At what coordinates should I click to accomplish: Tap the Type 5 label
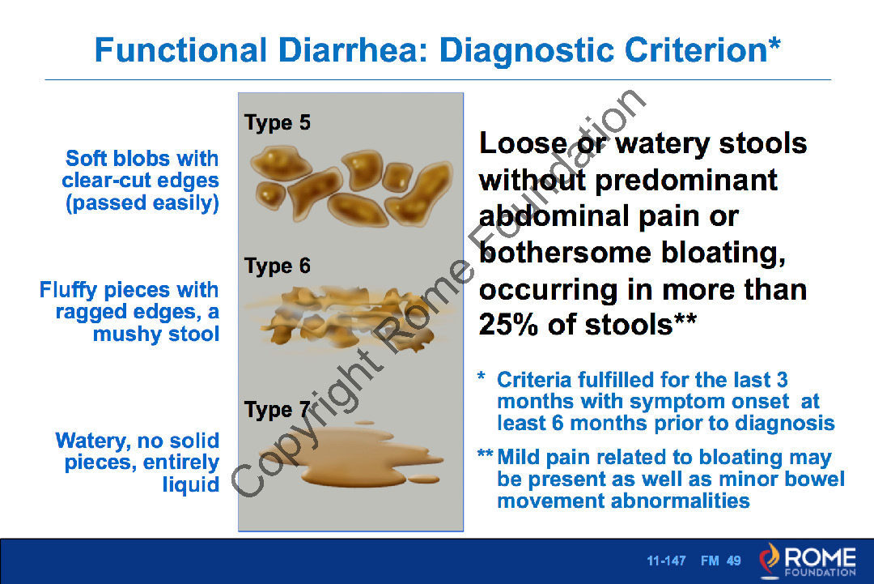277,122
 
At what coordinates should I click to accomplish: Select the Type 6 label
277,266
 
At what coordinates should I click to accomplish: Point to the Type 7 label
277,410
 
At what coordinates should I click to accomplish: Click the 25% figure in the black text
508,324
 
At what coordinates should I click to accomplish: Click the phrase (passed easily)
142,202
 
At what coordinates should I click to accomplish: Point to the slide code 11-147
666,561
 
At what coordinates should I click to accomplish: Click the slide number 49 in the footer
733,561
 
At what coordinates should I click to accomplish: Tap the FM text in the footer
710,561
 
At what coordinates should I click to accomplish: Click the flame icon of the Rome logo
770,560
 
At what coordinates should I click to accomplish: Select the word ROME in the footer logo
820,557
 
